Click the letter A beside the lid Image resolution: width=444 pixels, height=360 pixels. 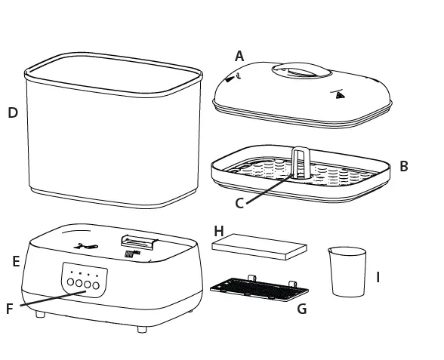pos(239,56)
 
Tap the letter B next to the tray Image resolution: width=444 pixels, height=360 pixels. pos(404,166)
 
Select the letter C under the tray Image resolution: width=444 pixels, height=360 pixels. pos(239,202)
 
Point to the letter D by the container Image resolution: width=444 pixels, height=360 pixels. pos(13,112)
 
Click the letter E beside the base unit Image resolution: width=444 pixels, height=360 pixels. pos(16,262)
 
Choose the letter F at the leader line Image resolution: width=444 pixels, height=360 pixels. pos(10,309)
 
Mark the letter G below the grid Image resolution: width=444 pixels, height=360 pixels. pos(302,309)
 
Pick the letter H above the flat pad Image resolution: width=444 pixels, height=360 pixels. pos(219,230)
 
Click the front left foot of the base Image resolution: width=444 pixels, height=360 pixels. pos(40,312)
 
